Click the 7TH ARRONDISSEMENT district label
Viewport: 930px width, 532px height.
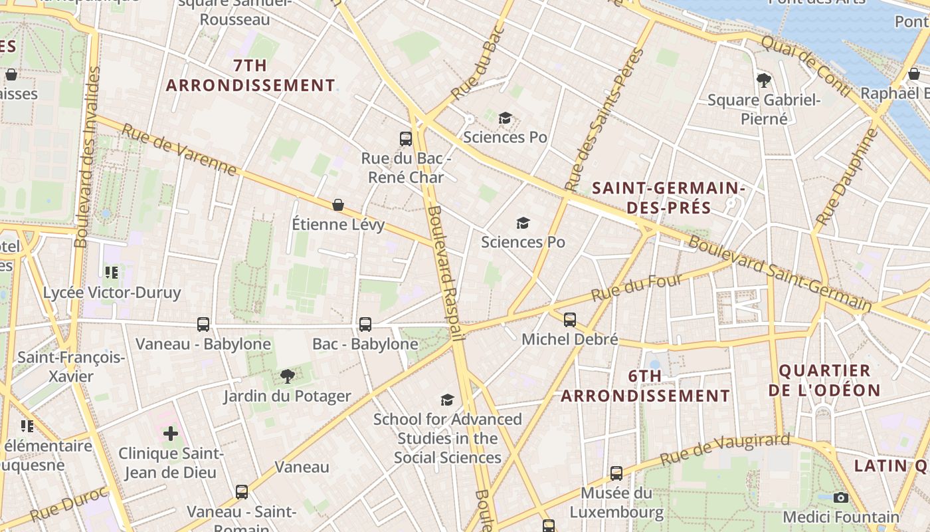250,76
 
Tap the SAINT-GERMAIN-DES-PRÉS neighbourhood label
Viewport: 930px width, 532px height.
668,198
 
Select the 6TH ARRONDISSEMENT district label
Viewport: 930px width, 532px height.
645,386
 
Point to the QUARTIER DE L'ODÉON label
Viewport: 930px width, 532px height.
824,380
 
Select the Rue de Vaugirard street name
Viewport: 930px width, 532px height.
725,450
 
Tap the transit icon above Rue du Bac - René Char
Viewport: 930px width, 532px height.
406,138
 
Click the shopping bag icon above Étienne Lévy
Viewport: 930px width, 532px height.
338,204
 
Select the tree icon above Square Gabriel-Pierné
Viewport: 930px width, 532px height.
764,80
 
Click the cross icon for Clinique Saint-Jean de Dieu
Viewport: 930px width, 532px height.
171,434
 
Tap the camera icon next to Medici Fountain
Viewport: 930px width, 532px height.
840,497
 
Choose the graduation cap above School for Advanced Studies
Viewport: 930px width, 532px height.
447,399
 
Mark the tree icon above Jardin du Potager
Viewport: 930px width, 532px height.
287,376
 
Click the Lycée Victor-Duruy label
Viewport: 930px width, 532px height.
112,293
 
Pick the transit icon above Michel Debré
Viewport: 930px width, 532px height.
569,319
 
